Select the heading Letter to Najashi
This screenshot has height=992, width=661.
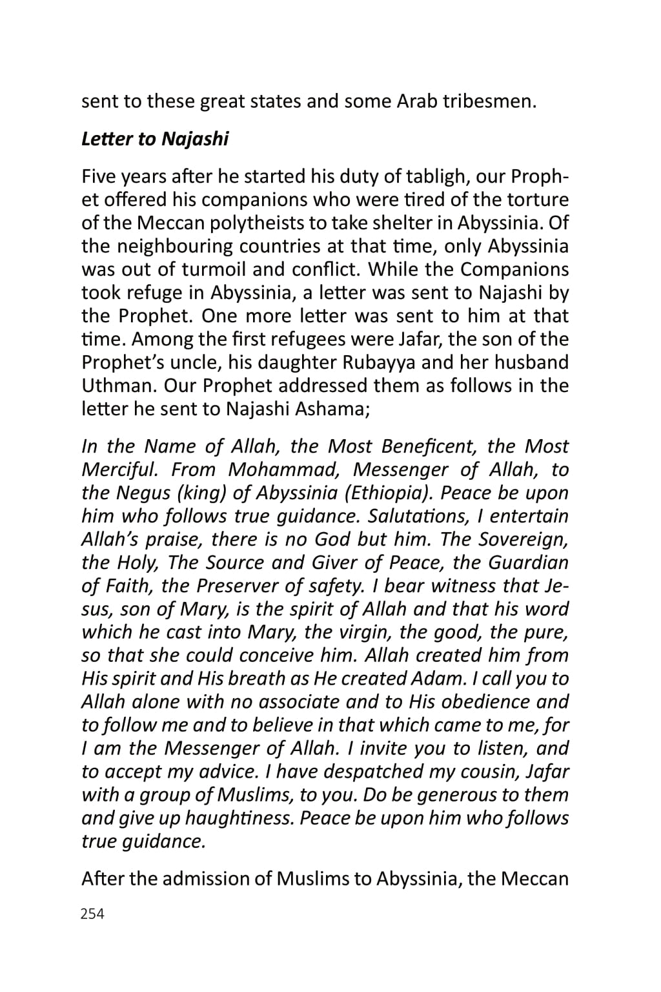click(x=155, y=139)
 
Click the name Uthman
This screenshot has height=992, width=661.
click(x=119, y=386)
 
